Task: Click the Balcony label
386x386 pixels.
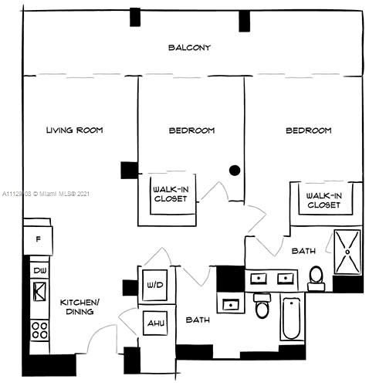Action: [x=189, y=48]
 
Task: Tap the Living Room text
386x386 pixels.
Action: [x=74, y=130]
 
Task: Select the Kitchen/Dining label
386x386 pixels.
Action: [x=78, y=306]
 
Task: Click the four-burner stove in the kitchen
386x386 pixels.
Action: [x=39, y=331]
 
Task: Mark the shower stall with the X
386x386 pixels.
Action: [x=348, y=252]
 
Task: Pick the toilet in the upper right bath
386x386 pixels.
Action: [x=316, y=276]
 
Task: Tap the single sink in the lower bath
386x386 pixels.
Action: [x=230, y=304]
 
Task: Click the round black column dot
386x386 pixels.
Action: [x=235, y=170]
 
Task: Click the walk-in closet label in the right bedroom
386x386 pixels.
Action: [x=323, y=200]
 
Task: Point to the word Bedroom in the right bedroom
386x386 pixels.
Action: [x=308, y=130]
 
